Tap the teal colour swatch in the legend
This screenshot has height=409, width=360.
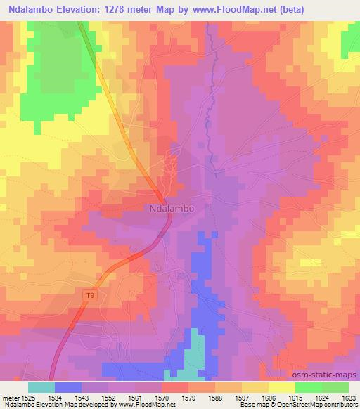click(41, 387)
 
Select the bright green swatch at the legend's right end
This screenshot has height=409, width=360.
click(335, 387)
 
